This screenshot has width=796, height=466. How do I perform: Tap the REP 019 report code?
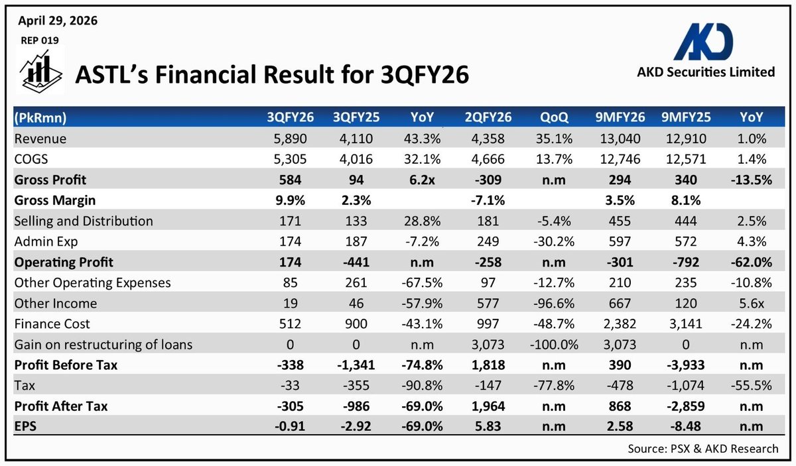click(40, 40)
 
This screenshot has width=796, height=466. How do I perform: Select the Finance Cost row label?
click(51, 324)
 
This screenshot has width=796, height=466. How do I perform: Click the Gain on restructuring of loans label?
click(103, 345)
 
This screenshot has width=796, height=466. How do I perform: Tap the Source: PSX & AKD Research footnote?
click(703, 449)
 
